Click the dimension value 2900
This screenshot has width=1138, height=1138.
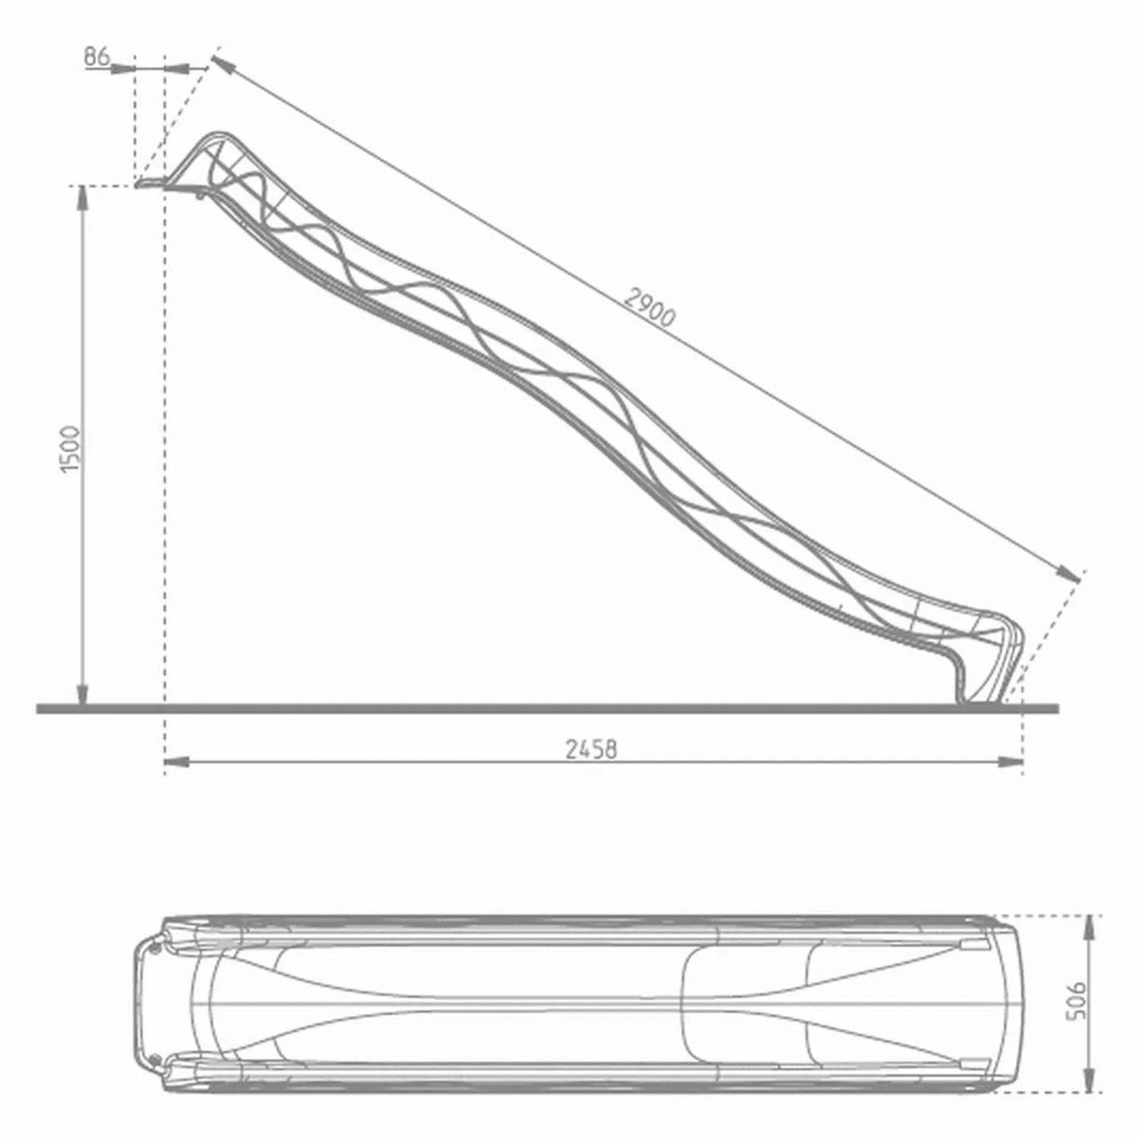click(649, 307)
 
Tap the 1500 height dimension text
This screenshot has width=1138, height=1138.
click(70, 449)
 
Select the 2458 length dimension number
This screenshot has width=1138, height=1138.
click(591, 750)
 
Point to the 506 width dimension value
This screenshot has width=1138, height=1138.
click(1076, 1001)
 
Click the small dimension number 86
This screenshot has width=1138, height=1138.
click(96, 56)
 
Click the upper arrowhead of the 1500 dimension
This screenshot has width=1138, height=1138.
click(83, 196)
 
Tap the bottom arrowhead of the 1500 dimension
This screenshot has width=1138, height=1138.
click(83, 693)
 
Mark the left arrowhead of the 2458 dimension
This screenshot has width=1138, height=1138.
click(176, 761)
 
